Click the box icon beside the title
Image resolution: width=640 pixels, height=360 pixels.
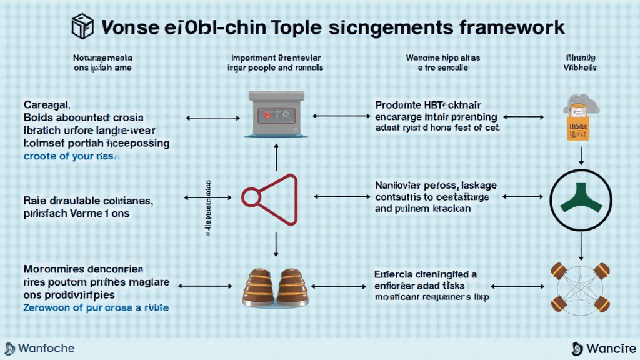pyautogui.click(x=82, y=27)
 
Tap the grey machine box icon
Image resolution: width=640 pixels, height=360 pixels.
pyautogui.click(x=276, y=115)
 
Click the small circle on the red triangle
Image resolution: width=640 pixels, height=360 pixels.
pyautogui.click(x=251, y=198)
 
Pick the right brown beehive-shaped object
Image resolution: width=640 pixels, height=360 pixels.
pyautogui.click(x=291, y=287)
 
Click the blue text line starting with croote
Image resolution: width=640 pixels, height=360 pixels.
pyautogui.click(x=69, y=156)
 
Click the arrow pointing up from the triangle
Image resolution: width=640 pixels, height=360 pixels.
pyautogui.click(x=276, y=156)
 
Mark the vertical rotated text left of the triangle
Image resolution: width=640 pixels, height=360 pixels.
pyautogui.click(x=207, y=209)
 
